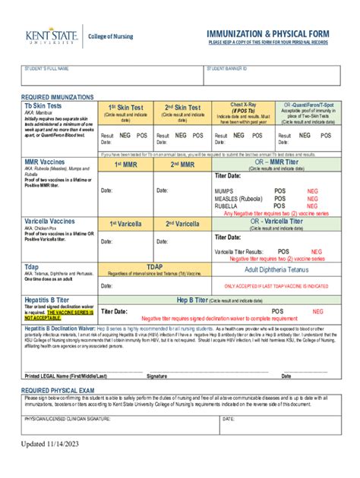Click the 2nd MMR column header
(182, 164)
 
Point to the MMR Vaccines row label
(45, 162)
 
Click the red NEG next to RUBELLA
(312, 206)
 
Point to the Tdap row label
(32, 267)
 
